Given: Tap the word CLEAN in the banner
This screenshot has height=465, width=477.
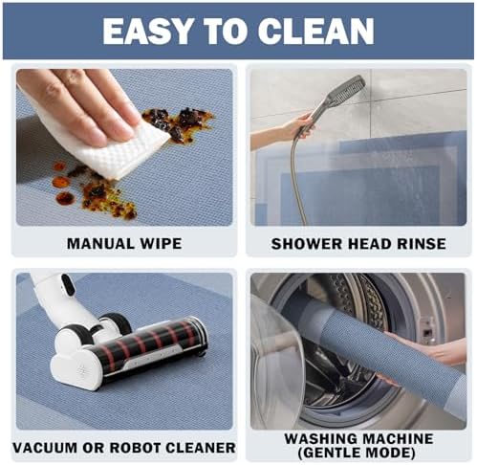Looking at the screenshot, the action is (x=315, y=31).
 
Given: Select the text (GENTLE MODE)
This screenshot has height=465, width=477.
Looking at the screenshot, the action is (x=357, y=453).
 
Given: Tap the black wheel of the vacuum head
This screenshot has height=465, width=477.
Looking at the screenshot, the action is (x=119, y=323).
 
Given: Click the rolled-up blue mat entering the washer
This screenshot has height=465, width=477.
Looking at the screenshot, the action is (x=382, y=356).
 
